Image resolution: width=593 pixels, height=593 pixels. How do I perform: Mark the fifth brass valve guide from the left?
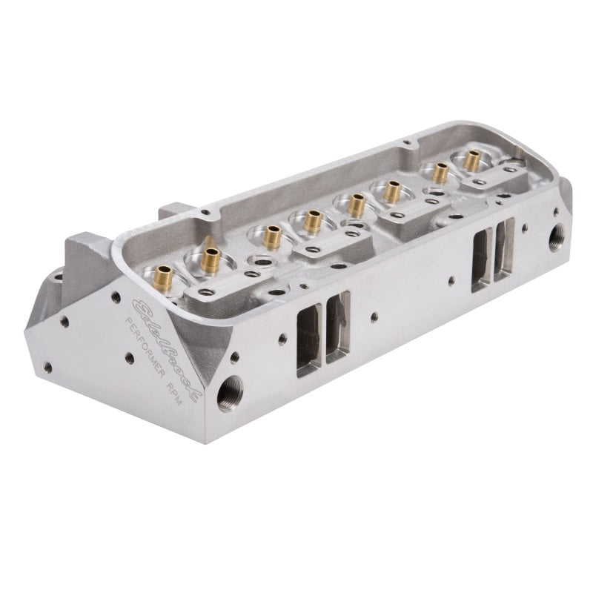pos(357,203)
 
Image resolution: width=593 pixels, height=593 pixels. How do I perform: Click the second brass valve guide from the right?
pos(440,172)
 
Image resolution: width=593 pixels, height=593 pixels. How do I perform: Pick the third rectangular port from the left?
pos(481,256)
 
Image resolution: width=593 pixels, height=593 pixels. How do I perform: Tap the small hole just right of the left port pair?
pos(374,317)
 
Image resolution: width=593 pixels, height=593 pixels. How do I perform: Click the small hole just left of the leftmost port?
pos(282,339)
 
